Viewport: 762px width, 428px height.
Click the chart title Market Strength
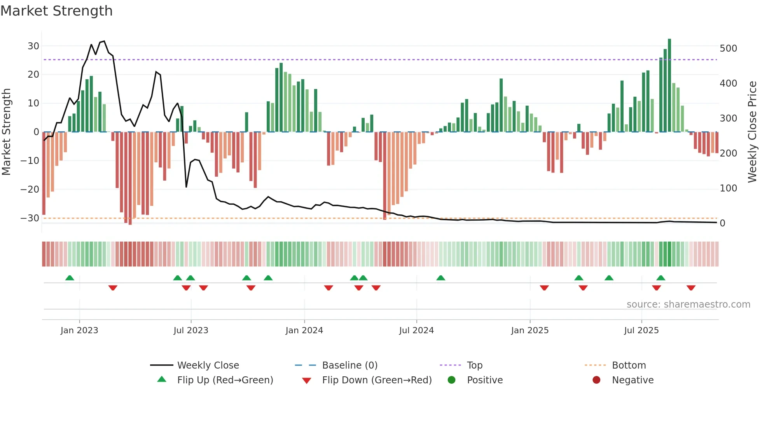(x=56, y=11)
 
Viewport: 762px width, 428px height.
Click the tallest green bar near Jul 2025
(x=669, y=85)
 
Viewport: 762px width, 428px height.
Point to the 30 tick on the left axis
(x=33, y=46)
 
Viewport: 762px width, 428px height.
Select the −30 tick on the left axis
(x=30, y=218)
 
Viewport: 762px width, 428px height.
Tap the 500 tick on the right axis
(x=728, y=49)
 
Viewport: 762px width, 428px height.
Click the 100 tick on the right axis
(x=728, y=188)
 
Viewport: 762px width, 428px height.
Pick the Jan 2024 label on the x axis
(x=304, y=331)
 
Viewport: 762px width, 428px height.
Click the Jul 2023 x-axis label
(x=191, y=331)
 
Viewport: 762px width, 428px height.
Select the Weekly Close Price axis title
(x=752, y=132)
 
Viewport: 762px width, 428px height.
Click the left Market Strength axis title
(x=6, y=132)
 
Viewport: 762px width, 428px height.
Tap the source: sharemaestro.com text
(x=688, y=304)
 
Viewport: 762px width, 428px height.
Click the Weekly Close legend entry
(x=208, y=365)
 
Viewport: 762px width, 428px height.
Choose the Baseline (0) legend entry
(x=350, y=365)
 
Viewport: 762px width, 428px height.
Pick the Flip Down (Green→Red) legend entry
(x=377, y=380)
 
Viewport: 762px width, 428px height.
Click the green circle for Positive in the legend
(x=451, y=380)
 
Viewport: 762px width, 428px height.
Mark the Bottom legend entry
(x=629, y=365)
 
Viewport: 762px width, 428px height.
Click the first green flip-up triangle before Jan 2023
(x=70, y=278)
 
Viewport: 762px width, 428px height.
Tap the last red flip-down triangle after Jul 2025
(x=691, y=288)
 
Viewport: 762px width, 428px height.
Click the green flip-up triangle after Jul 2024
(x=440, y=278)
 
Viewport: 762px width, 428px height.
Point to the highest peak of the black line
(x=104, y=41)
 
